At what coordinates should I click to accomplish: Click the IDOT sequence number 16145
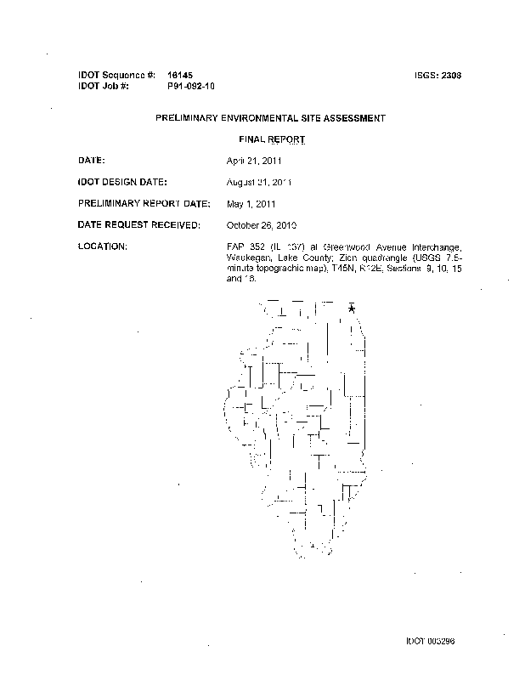point(180,76)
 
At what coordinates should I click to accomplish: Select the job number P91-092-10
point(191,87)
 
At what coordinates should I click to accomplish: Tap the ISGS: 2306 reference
point(441,76)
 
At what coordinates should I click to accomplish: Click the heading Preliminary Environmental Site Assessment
point(270,118)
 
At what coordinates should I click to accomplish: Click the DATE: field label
point(91,160)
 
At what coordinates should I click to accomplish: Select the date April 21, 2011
point(255,160)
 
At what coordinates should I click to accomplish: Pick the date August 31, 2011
point(259,182)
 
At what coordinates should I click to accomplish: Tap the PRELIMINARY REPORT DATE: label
point(144,203)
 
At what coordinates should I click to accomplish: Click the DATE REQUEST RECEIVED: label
point(138,224)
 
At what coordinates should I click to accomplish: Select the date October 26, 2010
point(262,225)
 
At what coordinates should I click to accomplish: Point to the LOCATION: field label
point(103,246)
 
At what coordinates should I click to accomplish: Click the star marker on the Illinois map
point(351,309)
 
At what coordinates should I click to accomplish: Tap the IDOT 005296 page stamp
point(436,641)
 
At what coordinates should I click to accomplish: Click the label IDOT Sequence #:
point(116,76)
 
